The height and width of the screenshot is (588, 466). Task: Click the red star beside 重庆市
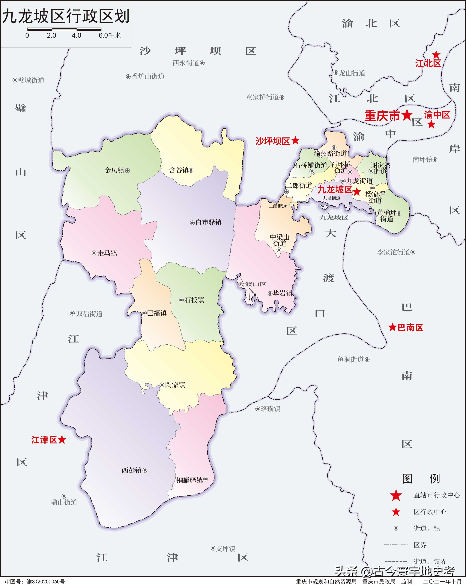coord(407,115)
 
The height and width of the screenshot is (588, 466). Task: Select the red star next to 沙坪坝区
coord(295,141)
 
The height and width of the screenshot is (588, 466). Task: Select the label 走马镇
coord(107,253)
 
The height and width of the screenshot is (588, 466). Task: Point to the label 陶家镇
coord(175,385)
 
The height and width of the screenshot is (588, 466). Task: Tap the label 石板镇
coord(194,300)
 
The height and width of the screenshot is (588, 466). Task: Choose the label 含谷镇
coord(179,170)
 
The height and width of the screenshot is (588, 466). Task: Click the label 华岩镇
coord(282,293)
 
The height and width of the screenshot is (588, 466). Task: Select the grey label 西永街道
coord(186,63)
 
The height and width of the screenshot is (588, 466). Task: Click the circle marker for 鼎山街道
coord(64,496)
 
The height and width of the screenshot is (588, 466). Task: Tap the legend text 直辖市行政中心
coord(437,495)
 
